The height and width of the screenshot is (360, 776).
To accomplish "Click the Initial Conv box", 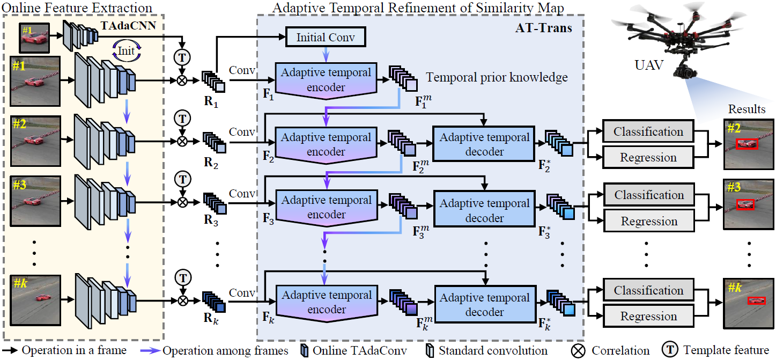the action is (x=326, y=37).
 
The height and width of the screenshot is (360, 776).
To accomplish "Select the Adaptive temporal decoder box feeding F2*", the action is (x=484, y=144).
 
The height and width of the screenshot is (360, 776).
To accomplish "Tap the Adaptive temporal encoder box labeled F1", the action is (x=326, y=80).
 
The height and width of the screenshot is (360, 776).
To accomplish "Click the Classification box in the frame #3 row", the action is (x=649, y=195).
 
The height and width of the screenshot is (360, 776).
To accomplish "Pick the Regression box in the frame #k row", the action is (x=648, y=316).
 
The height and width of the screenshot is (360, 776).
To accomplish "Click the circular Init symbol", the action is (x=127, y=51).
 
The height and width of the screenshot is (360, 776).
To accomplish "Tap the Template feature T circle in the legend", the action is (x=670, y=350).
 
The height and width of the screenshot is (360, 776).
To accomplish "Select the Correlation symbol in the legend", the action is (x=578, y=351).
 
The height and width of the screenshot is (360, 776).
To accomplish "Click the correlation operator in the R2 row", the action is (x=182, y=141).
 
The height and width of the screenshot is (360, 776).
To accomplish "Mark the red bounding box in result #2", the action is (x=747, y=144).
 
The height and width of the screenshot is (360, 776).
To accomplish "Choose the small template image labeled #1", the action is (x=34, y=38).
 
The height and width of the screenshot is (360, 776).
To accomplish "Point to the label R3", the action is (x=211, y=220).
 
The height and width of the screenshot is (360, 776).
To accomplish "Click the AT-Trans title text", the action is (x=544, y=28).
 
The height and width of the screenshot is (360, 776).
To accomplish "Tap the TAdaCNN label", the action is (x=128, y=26).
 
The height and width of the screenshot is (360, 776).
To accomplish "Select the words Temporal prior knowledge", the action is (x=497, y=77).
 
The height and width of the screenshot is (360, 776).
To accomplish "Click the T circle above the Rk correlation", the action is (x=183, y=278).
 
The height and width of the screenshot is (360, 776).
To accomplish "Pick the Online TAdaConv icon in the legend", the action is (x=304, y=351).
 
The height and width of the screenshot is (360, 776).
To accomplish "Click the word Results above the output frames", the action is (x=747, y=109).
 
